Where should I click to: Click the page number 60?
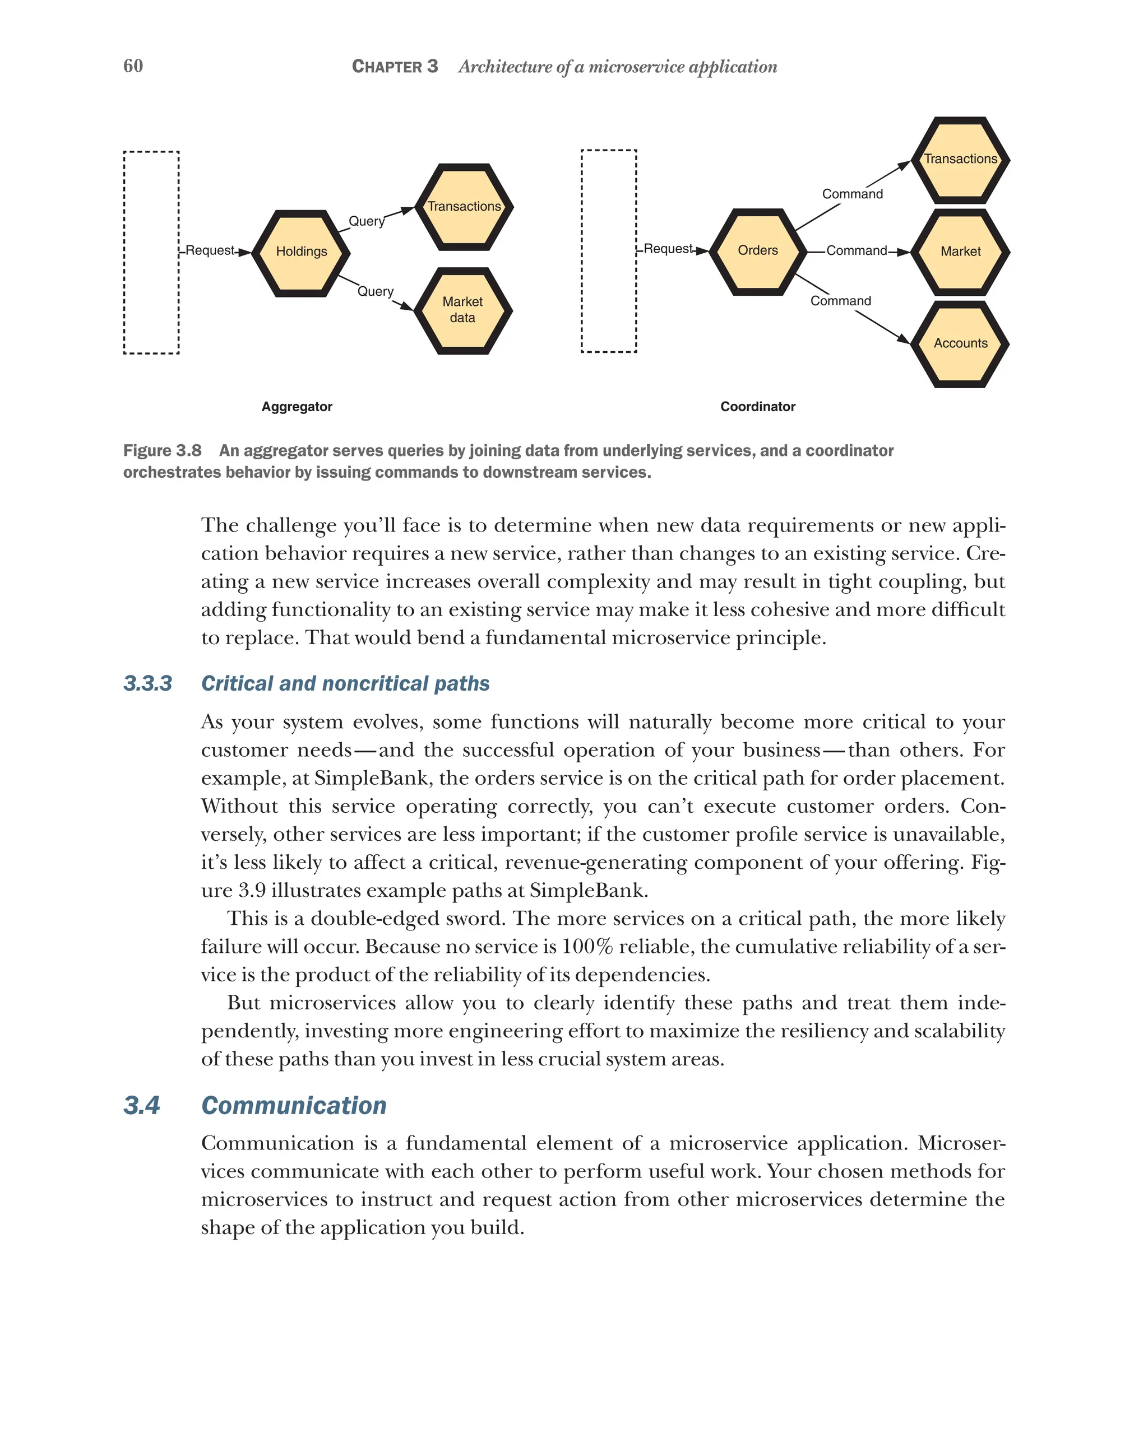pos(133,66)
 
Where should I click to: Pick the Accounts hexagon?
pos(960,344)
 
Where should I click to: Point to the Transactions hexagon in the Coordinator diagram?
pos(960,160)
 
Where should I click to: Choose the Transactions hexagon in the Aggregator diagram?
pos(464,207)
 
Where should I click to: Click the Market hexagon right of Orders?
pos(960,252)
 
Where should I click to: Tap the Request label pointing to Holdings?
pos(210,250)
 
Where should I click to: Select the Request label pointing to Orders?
pos(667,249)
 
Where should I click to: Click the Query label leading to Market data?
pos(376,292)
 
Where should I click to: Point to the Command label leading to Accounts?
pos(840,301)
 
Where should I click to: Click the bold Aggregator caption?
pos(297,407)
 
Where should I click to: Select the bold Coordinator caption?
pos(757,407)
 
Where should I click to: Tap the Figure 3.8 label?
pos(163,450)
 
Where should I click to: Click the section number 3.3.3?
pos(147,683)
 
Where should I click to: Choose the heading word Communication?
pos(294,1105)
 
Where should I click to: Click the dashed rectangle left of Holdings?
pos(151,252)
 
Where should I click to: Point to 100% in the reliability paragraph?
pos(587,947)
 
